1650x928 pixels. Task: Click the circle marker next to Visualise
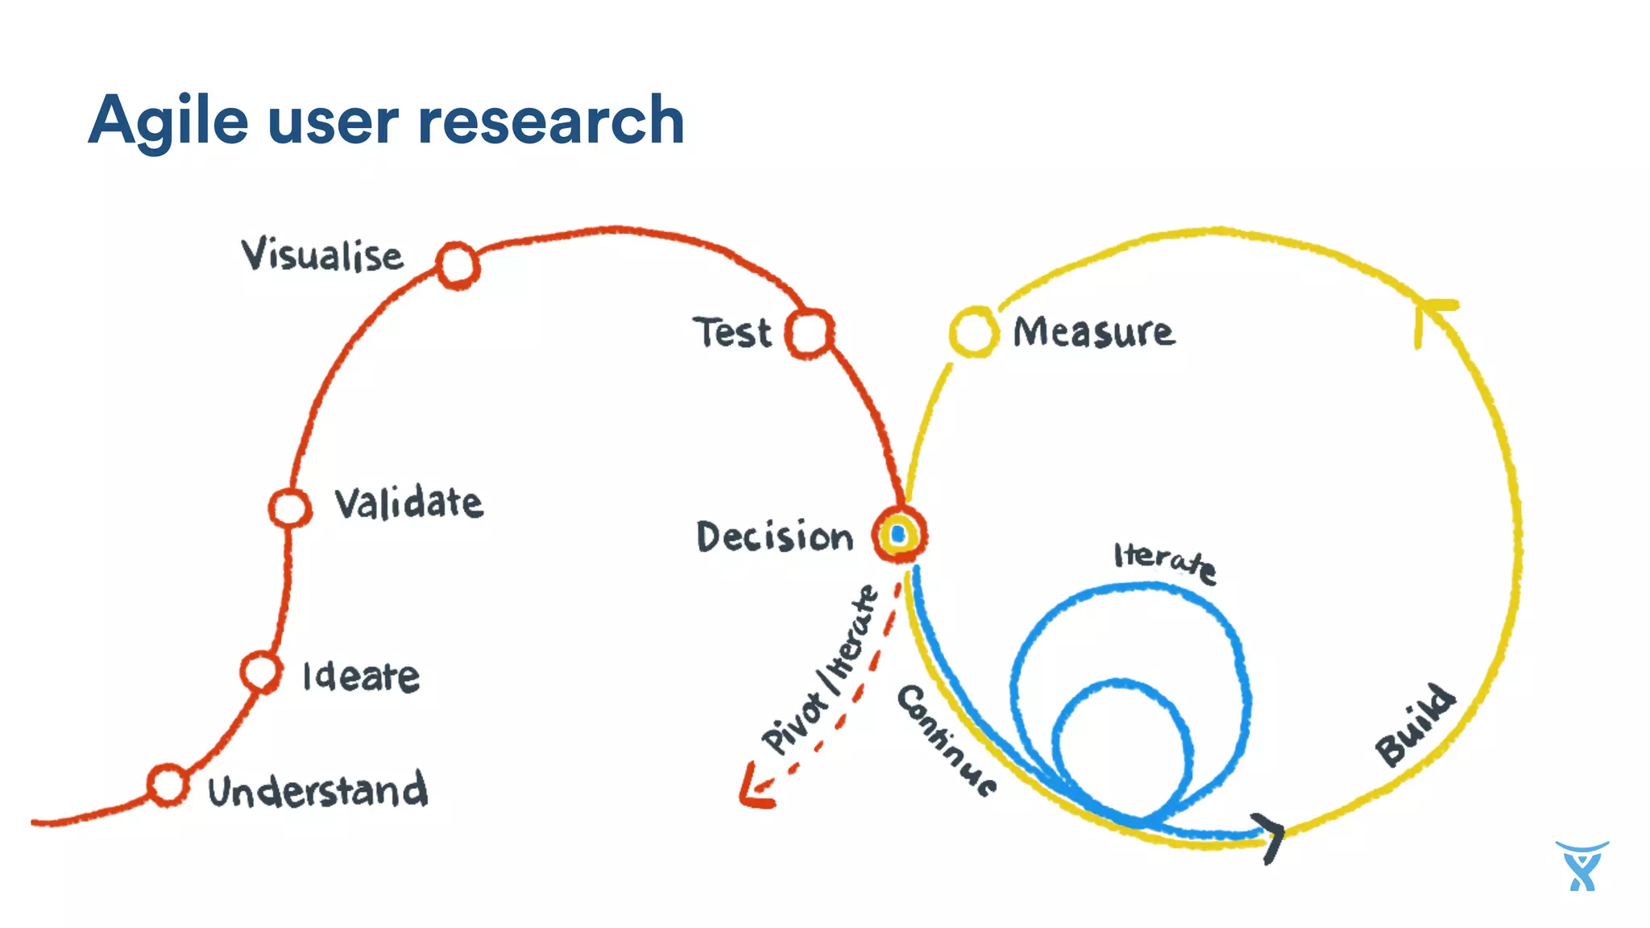click(x=458, y=265)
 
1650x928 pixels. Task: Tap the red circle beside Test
click(x=809, y=333)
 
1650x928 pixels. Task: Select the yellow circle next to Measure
click(x=973, y=331)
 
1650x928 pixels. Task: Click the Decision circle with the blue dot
click(x=899, y=534)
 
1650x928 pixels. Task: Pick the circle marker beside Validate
click(x=288, y=507)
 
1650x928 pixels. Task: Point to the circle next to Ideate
click(x=261, y=671)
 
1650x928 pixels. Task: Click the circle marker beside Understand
click(x=168, y=784)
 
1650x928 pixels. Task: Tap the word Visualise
click(x=322, y=255)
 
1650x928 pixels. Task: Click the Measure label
click(x=1093, y=332)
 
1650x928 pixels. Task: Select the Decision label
click(x=774, y=536)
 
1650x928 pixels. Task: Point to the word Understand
click(x=317, y=790)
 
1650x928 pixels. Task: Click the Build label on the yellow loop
click(x=1415, y=725)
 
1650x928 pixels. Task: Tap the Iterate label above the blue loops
click(x=1165, y=560)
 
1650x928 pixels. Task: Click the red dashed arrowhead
click(x=754, y=789)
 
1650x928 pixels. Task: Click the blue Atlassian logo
click(x=1582, y=866)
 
